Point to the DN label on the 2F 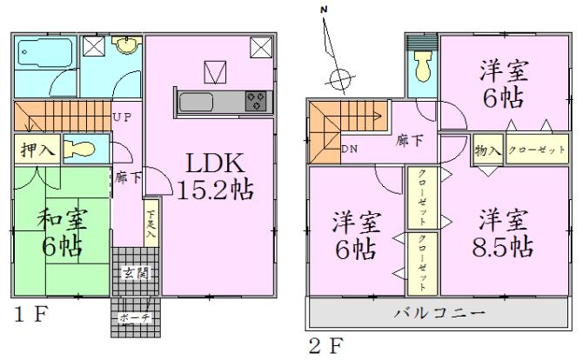pyautogui.click(x=350, y=150)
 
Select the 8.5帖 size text pyautogui.click(x=497, y=246)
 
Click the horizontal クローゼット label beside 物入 pyautogui.click(x=534, y=150)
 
